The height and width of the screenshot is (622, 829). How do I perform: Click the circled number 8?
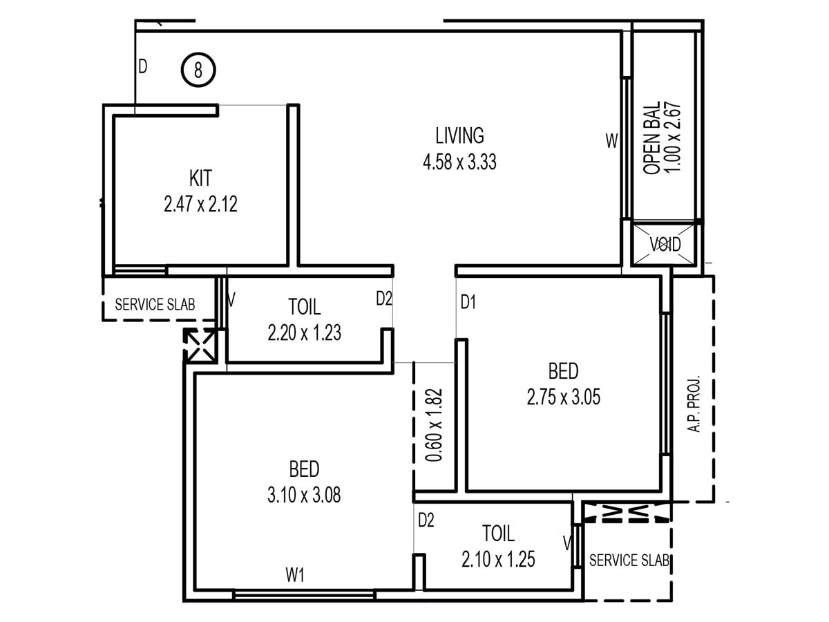(198, 70)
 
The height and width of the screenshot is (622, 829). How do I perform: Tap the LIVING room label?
(459, 135)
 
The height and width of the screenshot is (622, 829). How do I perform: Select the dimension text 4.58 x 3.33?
(459, 162)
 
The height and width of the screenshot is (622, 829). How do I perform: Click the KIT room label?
(200, 178)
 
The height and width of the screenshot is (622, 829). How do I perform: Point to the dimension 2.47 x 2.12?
(200, 204)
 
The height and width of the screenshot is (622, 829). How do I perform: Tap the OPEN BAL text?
(651, 138)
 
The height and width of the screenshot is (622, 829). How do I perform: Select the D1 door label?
(468, 302)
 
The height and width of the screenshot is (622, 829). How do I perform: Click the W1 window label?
(294, 575)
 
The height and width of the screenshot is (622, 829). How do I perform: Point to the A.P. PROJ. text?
(694, 404)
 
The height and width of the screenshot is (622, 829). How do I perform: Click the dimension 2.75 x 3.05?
(563, 397)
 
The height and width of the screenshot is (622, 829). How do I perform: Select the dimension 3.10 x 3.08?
(304, 495)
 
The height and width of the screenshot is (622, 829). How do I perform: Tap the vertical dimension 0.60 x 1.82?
(434, 425)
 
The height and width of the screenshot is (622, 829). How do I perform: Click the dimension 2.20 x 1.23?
(305, 332)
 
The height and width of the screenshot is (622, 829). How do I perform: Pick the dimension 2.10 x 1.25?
(498, 559)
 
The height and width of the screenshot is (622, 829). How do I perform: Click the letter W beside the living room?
(612, 141)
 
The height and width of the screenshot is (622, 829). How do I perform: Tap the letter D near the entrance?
(143, 66)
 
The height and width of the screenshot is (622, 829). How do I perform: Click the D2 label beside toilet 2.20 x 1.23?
(384, 299)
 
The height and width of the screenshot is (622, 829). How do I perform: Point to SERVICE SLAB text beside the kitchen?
(155, 304)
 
